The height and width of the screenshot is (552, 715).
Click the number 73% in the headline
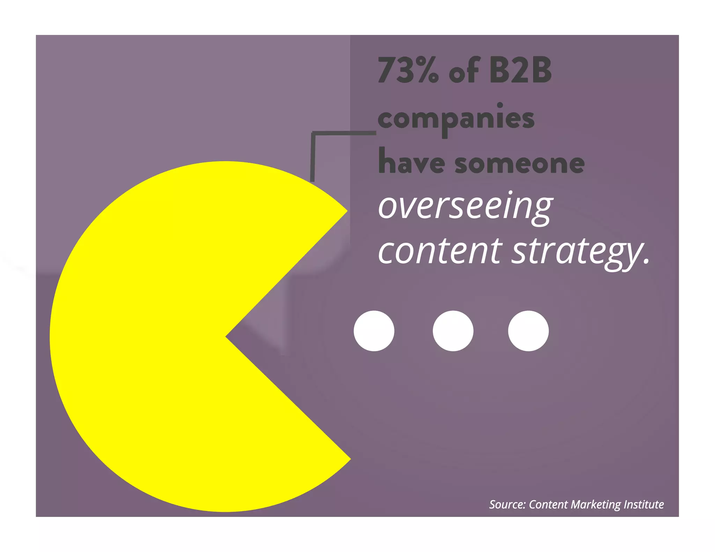pyautogui.click(x=408, y=71)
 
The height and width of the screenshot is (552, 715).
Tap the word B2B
pyautogui.click(x=520, y=71)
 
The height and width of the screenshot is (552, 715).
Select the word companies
pyautogui.click(x=456, y=119)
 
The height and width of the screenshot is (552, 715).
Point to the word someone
pyautogui.click(x=519, y=164)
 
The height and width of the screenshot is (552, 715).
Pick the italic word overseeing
pyautogui.click(x=466, y=207)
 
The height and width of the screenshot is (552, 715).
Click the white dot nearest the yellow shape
pyautogui.click(x=374, y=331)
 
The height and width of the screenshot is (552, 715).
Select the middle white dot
pyautogui.click(x=453, y=331)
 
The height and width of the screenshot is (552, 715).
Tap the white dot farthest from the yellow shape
pyautogui.click(x=528, y=331)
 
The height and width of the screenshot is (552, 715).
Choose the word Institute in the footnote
pyautogui.click(x=644, y=505)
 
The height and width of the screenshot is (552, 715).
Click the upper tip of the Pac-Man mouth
pyautogui.click(x=347, y=211)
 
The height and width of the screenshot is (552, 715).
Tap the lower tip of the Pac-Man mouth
pyautogui.click(x=350, y=459)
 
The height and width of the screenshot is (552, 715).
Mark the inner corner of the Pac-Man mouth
pyautogui.click(x=226, y=337)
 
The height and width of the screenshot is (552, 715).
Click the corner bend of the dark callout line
pyautogui.click(x=313, y=134)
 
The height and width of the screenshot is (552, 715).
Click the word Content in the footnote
pyautogui.click(x=548, y=505)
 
